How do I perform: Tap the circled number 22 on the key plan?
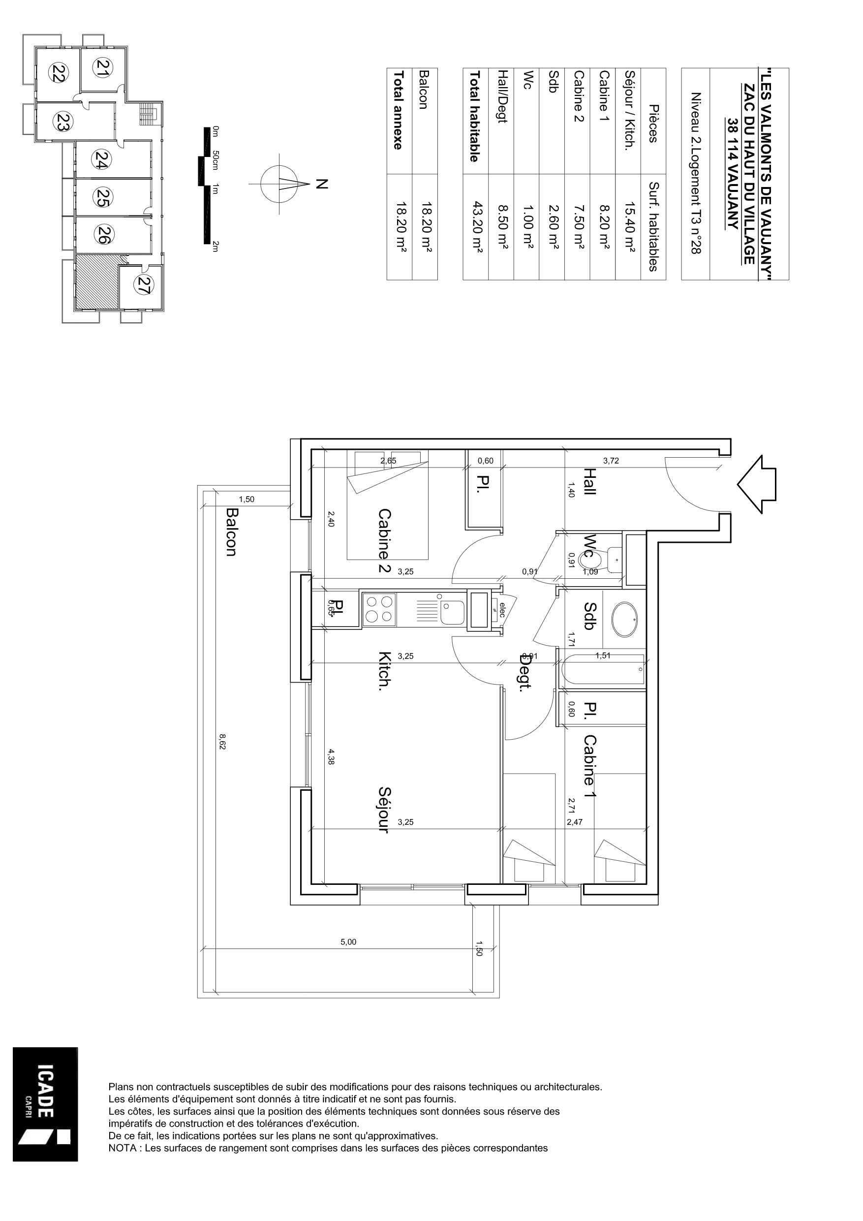pos(58,72)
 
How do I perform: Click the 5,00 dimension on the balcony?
pos(348,942)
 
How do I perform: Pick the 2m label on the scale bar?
pos(216,246)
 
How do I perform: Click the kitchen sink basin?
pos(453,613)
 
